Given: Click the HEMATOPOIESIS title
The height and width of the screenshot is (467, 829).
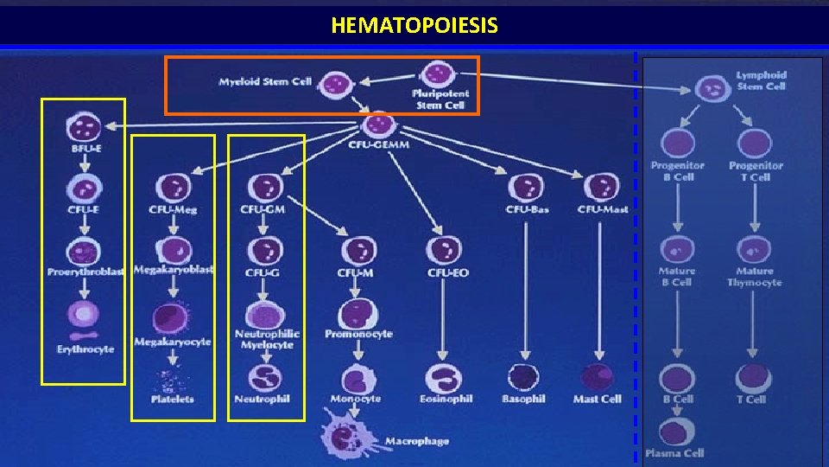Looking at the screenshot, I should click(414, 26).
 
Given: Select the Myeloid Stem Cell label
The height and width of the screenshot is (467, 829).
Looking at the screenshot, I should click(265, 82).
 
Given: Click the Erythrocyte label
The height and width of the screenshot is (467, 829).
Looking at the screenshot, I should click(85, 349).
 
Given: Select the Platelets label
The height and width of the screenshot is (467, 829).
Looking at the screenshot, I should click(173, 400).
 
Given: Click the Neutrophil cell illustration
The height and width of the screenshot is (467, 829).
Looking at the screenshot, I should click(266, 377).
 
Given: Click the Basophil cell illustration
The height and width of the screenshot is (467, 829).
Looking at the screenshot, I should click(523, 377).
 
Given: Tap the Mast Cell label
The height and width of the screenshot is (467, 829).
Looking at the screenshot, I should click(598, 400).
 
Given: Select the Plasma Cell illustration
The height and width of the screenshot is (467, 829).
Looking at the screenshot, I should click(677, 432).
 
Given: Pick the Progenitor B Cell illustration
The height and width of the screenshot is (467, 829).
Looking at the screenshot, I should click(678, 143).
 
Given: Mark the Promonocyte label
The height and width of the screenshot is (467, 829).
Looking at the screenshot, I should click(358, 334).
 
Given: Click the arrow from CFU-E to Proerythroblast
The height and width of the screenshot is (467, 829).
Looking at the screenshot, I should click(85, 223).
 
